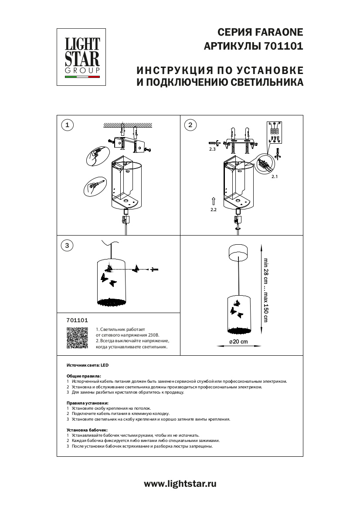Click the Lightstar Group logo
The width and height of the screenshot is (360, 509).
[x=82, y=57]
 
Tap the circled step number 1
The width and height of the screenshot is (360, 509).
[x=67, y=125]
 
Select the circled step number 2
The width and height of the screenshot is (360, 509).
[x=190, y=125]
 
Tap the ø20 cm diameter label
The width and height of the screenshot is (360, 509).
[x=239, y=342]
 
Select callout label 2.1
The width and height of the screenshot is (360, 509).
[x=275, y=177]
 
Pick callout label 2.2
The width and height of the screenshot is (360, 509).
[x=213, y=209]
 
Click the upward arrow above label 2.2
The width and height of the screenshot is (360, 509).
[x=213, y=201]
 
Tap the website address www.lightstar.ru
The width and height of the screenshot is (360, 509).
[x=180, y=483]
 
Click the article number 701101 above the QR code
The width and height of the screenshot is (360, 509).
[x=77, y=320]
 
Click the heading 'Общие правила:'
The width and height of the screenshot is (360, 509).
[x=84, y=376]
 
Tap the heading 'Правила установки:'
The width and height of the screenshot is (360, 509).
[x=87, y=403]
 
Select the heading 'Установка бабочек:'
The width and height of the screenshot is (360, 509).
[x=87, y=430]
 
